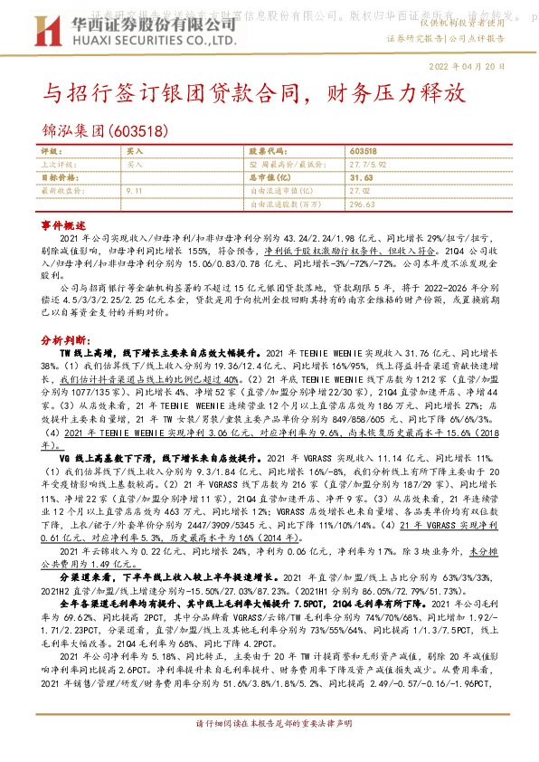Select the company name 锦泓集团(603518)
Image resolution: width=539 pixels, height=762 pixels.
click(x=104, y=130)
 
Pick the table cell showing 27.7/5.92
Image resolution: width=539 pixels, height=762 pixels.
click(x=368, y=165)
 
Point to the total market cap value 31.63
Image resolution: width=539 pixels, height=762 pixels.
click(x=361, y=178)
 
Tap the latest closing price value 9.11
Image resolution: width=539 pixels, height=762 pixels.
click(x=135, y=191)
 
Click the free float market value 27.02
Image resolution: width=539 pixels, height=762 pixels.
click(x=360, y=191)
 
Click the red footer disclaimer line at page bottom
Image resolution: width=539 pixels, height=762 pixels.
click(x=269, y=749)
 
